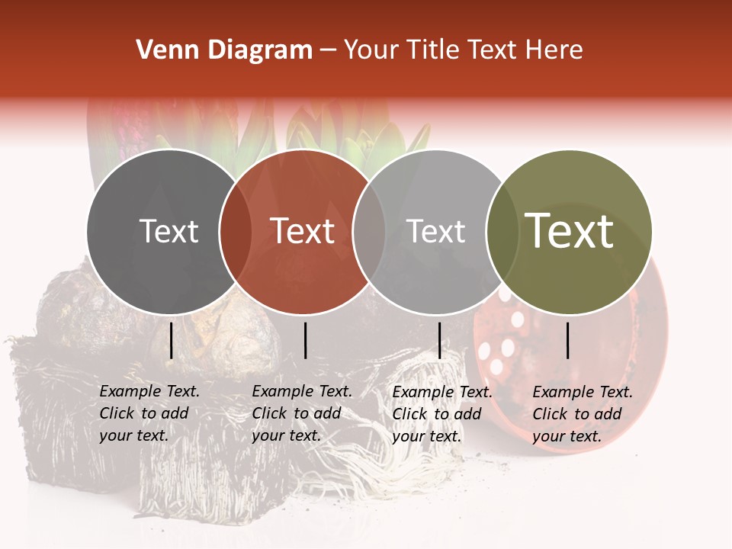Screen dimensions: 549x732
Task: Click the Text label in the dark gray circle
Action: point(169,231)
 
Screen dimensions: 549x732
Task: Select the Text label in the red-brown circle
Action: point(303,231)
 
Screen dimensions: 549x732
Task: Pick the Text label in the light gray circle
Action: point(436,231)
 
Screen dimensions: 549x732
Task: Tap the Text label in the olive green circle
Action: point(570,231)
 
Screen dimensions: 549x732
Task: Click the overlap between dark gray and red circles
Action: point(235,232)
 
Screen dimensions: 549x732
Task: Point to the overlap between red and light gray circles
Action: point(369,232)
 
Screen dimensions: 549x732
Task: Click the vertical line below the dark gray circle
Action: point(172,340)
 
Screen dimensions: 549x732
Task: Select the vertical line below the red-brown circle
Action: point(305,340)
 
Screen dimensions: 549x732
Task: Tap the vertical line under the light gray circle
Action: point(439,340)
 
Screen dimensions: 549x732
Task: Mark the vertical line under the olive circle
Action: point(568,340)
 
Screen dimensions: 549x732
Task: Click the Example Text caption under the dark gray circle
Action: point(149,413)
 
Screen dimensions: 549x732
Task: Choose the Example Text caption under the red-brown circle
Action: point(301,413)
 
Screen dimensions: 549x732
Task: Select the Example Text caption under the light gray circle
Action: point(441,414)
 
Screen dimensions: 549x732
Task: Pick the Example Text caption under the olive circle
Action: point(582,414)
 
